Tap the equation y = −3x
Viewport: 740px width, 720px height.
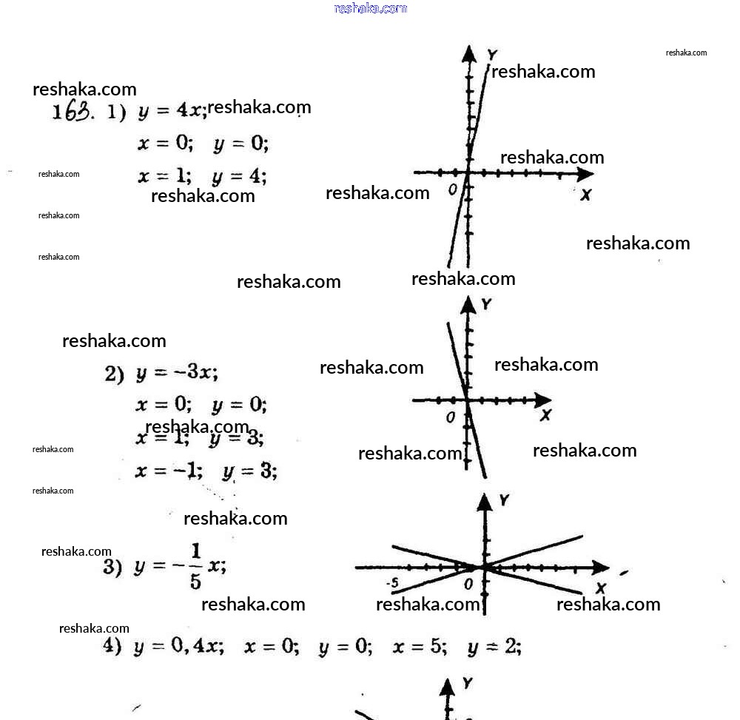pyautogui.click(x=177, y=373)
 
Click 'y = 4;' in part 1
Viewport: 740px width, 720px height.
pyautogui.click(x=239, y=176)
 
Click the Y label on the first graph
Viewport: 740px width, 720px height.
pyautogui.click(x=492, y=54)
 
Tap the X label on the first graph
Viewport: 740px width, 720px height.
pyautogui.click(x=585, y=195)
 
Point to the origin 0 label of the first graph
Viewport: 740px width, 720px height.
pyautogui.click(x=453, y=189)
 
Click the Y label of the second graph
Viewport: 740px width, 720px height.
pyautogui.click(x=486, y=304)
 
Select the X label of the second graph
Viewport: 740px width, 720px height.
pyautogui.click(x=545, y=415)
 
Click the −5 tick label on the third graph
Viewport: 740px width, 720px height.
pyautogui.click(x=392, y=584)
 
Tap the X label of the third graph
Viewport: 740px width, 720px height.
pyautogui.click(x=600, y=588)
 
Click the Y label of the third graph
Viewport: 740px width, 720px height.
pyautogui.click(x=504, y=501)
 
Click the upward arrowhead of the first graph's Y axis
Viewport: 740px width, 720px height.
pyautogui.click(x=468, y=53)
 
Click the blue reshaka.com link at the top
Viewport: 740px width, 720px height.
pyautogui.click(x=371, y=8)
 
